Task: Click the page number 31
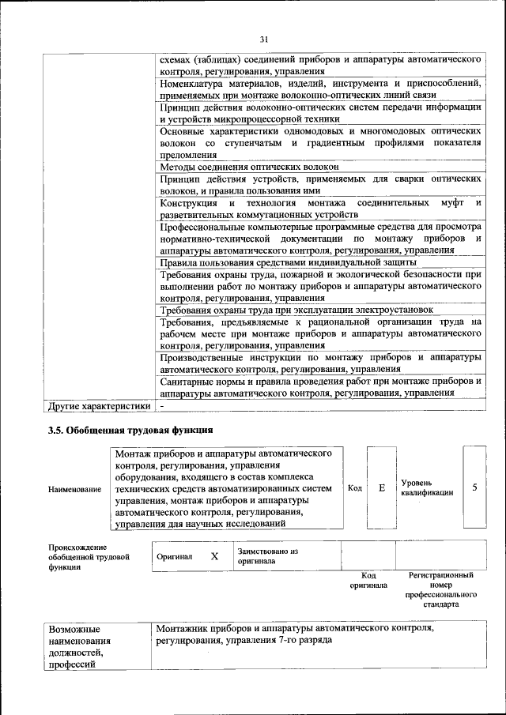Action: pyautogui.click(x=264, y=40)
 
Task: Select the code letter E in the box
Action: pyautogui.click(x=381, y=488)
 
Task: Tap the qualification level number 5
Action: pyautogui.click(x=474, y=487)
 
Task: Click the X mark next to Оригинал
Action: pyautogui.click(x=214, y=556)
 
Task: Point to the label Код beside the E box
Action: pyautogui.click(x=355, y=488)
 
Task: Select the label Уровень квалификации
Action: pyautogui.click(x=427, y=487)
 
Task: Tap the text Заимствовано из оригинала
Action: pyautogui.click(x=267, y=556)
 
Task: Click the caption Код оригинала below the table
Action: pyautogui.click(x=368, y=581)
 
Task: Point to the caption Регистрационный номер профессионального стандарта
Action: pyautogui.click(x=440, y=592)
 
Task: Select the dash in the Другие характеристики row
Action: pyautogui.click(x=161, y=406)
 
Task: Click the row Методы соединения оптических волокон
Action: pyautogui.click(x=249, y=167)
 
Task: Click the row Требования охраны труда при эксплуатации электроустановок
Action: pyautogui.click(x=296, y=310)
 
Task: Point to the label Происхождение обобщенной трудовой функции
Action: pyautogui.click(x=78, y=557)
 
